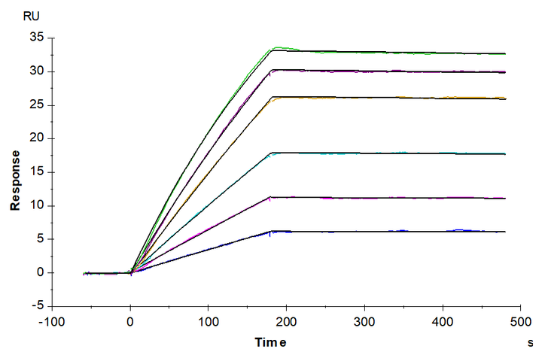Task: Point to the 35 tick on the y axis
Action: click(38, 38)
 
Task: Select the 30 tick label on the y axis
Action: click(38, 71)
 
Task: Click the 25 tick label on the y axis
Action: click(38, 105)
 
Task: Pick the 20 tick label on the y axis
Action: click(38, 138)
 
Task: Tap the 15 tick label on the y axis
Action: click(38, 172)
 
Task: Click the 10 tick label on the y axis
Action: click(38, 205)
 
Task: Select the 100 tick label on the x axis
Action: click(209, 322)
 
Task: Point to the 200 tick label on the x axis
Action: click(287, 322)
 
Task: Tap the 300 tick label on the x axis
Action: click(364, 322)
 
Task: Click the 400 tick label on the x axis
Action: click(443, 322)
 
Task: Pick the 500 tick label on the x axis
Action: click(520, 322)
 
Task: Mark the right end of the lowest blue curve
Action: click(505, 232)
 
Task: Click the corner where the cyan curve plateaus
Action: click(272, 153)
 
